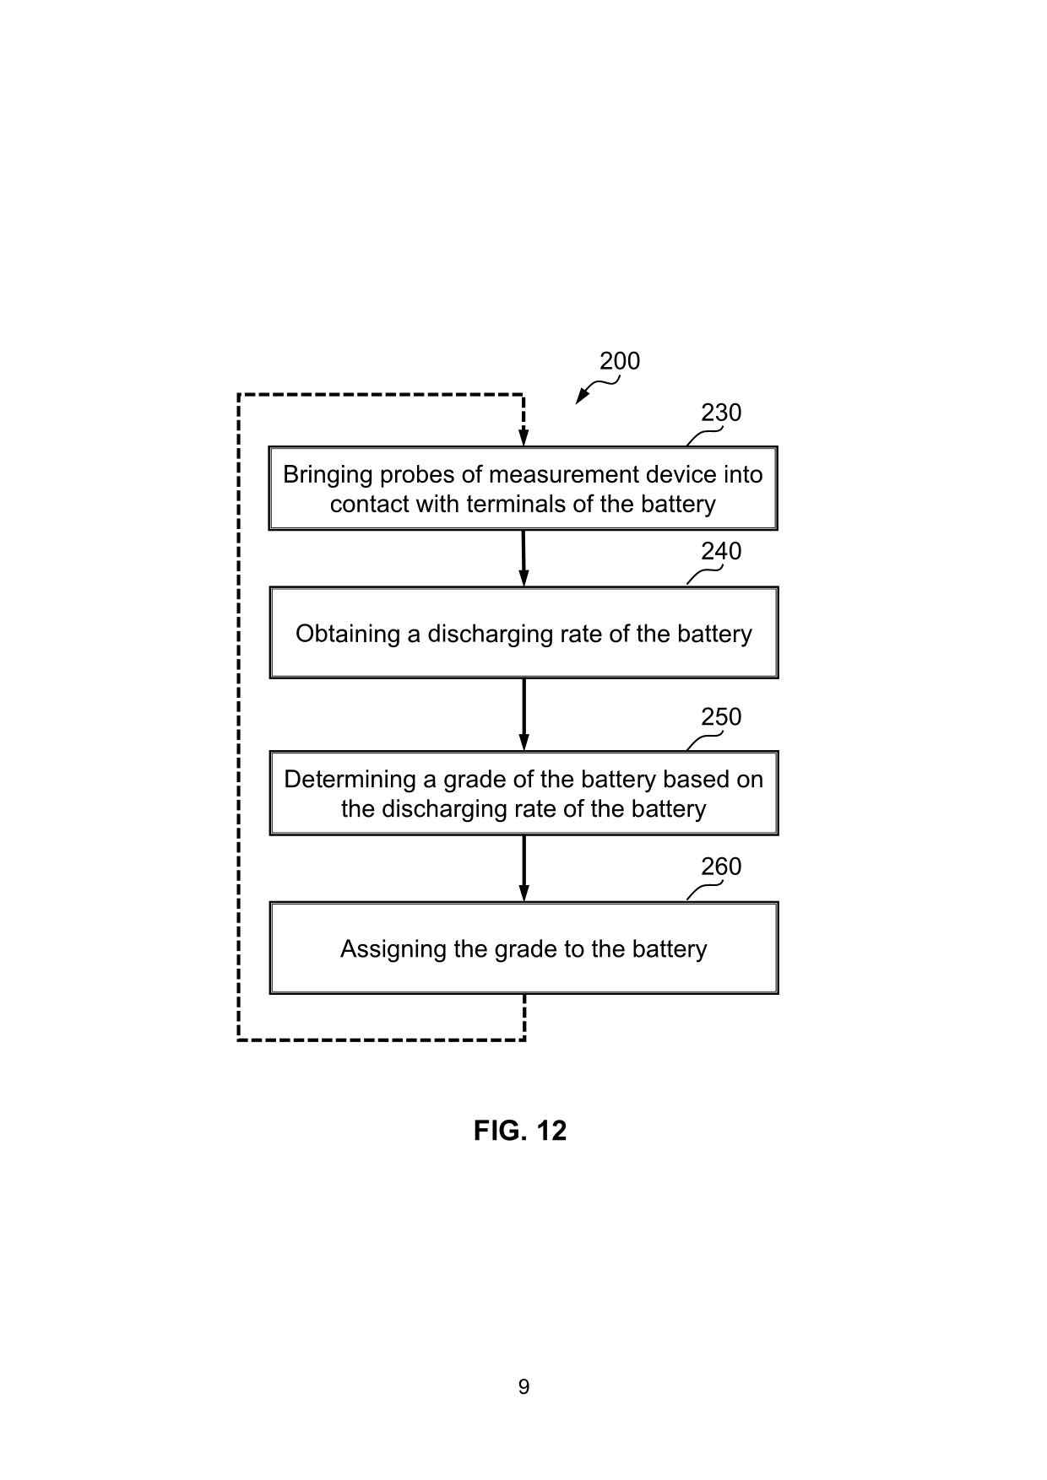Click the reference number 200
620,361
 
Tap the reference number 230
721,413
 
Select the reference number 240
721,551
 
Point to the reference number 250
721,716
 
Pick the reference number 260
721,867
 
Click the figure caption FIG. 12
520,1131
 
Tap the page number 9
523,1387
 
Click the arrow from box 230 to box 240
523,558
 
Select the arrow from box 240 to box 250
523,714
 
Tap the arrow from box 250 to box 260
523,868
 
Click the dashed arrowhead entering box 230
523,436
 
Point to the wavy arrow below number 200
595,390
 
